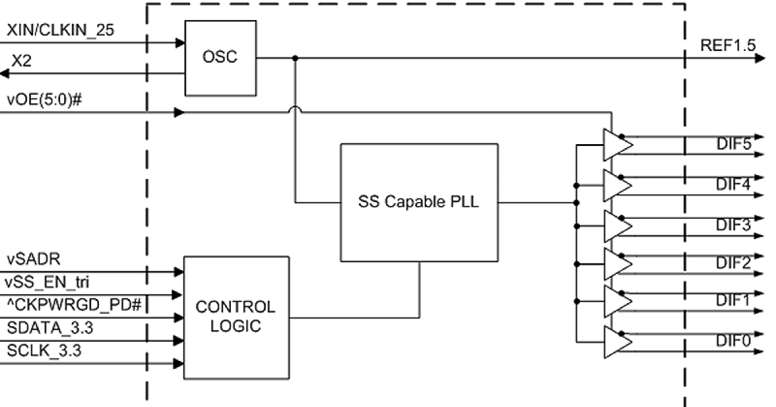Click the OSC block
pyautogui.click(x=220, y=57)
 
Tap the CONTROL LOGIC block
pyautogui.click(x=235, y=317)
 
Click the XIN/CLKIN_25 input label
pyautogui.click(x=61, y=30)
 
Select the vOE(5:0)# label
pyautogui.click(x=44, y=100)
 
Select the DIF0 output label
pyautogui.click(x=733, y=341)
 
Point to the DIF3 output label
pyautogui.click(x=733, y=225)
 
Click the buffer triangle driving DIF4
pyautogui.click(x=616, y=185)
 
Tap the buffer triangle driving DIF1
pyautogui.click(x=616, y=300)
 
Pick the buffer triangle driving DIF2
pyautogui.click(x=616, y=264)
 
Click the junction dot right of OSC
pyautogui.click(x=296, y=58)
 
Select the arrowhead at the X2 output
pyautogui.click(x=5, y=74)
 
